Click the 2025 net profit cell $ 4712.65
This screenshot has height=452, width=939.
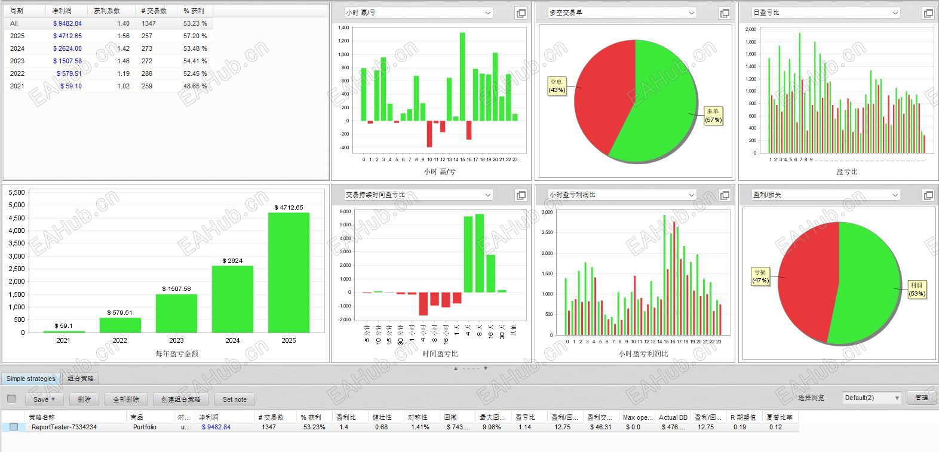(67, 36)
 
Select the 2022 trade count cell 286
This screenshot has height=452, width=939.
(147, 73)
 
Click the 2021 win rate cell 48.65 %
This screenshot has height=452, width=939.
(195, 86)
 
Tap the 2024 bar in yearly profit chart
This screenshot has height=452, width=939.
(232, 299)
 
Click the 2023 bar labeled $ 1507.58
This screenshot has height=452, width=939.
(176, 313)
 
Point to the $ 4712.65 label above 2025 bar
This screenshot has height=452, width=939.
(289, 207)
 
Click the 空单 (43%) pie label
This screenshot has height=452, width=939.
(557, 86)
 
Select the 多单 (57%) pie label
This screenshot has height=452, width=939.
(713, 115)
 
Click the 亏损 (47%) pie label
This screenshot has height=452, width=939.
(760, 276)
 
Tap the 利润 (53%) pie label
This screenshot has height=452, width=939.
(917, 290)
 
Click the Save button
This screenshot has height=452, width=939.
(44, 399)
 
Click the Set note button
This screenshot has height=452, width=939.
(234, 399)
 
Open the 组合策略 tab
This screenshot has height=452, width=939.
(80, 379)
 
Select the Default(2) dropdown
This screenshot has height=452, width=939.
(872, 398)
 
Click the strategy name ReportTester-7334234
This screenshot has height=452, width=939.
(64, 427)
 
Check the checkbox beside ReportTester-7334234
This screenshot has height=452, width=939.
(14, 427)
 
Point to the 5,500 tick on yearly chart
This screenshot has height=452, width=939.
(17, 192)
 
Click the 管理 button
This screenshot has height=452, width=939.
(921, 398)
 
